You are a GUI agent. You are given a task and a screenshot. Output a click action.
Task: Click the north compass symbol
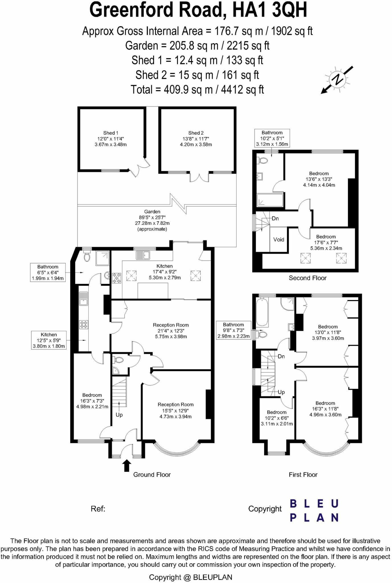(x=338, y=79)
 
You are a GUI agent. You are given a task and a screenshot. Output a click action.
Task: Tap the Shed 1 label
(x=110, y=139)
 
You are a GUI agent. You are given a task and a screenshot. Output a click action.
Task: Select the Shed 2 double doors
(x=199, y=177)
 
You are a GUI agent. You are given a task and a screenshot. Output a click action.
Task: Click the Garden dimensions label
(x=152, y=220)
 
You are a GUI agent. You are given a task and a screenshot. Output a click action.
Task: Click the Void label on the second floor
(x=278, y=239)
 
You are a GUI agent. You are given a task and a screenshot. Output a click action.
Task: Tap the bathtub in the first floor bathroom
(x=262, y=312)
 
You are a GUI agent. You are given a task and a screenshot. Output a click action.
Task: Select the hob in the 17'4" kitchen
(x=116, y=278)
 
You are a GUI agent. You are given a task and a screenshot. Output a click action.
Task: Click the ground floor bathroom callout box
(x=48, y=272)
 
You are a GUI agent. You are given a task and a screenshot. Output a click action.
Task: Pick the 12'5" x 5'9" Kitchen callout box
(x=49, y=340)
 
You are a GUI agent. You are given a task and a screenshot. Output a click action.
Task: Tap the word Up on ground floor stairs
(x=119, y=415)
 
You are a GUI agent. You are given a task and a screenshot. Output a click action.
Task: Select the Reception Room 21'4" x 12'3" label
(x=171, y=330)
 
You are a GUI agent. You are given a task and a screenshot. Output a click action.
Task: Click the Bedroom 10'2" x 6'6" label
(x=277, y=418)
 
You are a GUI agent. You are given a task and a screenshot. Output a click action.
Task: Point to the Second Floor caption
(x=307, y=278)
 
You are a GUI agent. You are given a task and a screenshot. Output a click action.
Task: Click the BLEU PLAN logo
(x=314, y=510)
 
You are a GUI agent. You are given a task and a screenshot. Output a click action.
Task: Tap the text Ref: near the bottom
(x=98, y=509)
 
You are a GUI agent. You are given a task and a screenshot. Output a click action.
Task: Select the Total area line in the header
(x=197, y=90)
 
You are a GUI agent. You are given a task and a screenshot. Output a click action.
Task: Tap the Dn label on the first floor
(x=281, y=356)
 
